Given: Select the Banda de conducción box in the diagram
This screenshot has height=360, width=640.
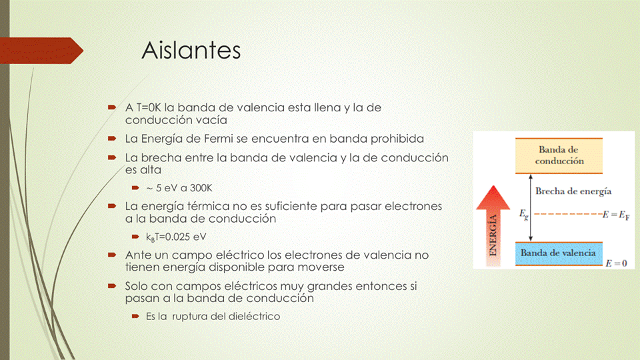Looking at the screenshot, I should coord(559,155).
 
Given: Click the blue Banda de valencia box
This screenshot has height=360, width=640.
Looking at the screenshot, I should coord(558,253).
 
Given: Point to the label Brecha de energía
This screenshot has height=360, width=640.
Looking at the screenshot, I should coord(573,191).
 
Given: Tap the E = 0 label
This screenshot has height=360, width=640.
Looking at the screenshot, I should coord(615,264).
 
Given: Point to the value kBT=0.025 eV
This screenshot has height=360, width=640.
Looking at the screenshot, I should coord(176,237).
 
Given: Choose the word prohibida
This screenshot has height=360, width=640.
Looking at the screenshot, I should coord(396,139).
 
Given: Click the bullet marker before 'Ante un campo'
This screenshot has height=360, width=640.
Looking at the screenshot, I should coord(111,255).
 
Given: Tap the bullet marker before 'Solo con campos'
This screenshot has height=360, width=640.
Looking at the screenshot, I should coord(111,286).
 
